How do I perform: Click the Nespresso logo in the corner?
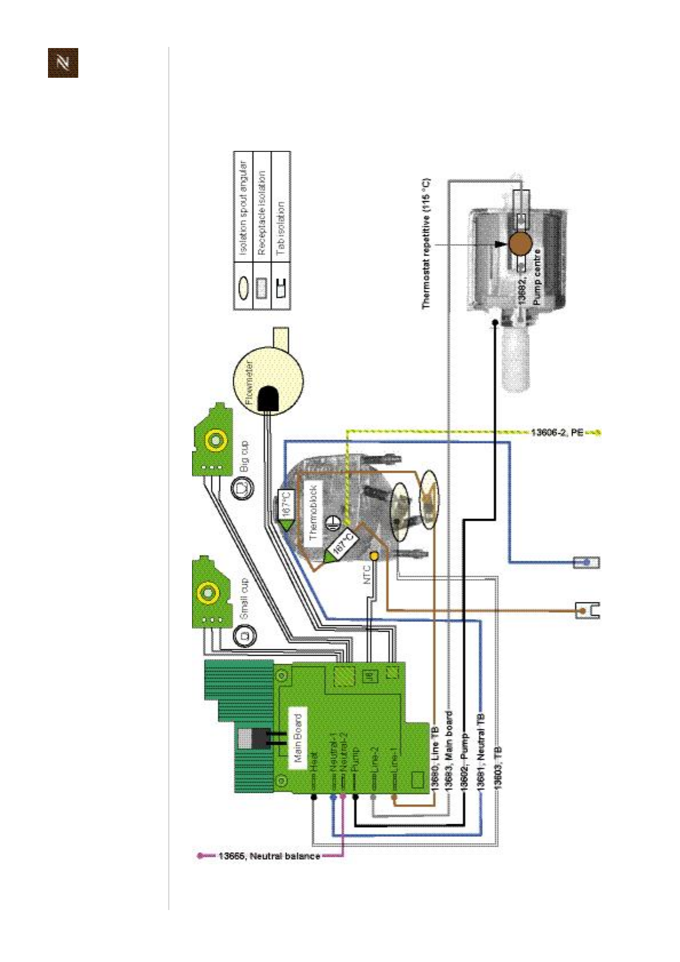tap(63, 63)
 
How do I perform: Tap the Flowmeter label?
tap(249, 383)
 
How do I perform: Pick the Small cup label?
tap(245, 598)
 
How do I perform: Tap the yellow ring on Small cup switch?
tap(207, 592)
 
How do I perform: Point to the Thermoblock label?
tap(313, 513)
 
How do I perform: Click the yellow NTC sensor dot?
tap(374, 555)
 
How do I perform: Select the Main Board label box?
tap(297, 738)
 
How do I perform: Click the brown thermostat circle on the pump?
tap(520, 244)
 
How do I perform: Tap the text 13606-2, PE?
tap(557, 432)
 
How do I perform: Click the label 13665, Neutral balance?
tap(269, 856)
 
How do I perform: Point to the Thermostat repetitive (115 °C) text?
tap(426, 244)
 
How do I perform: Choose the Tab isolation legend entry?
tap(280, 228)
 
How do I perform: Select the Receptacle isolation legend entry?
tap(262, 213)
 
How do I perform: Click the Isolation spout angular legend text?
tap(243, 208)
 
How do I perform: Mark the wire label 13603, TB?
tap(498, 768)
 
